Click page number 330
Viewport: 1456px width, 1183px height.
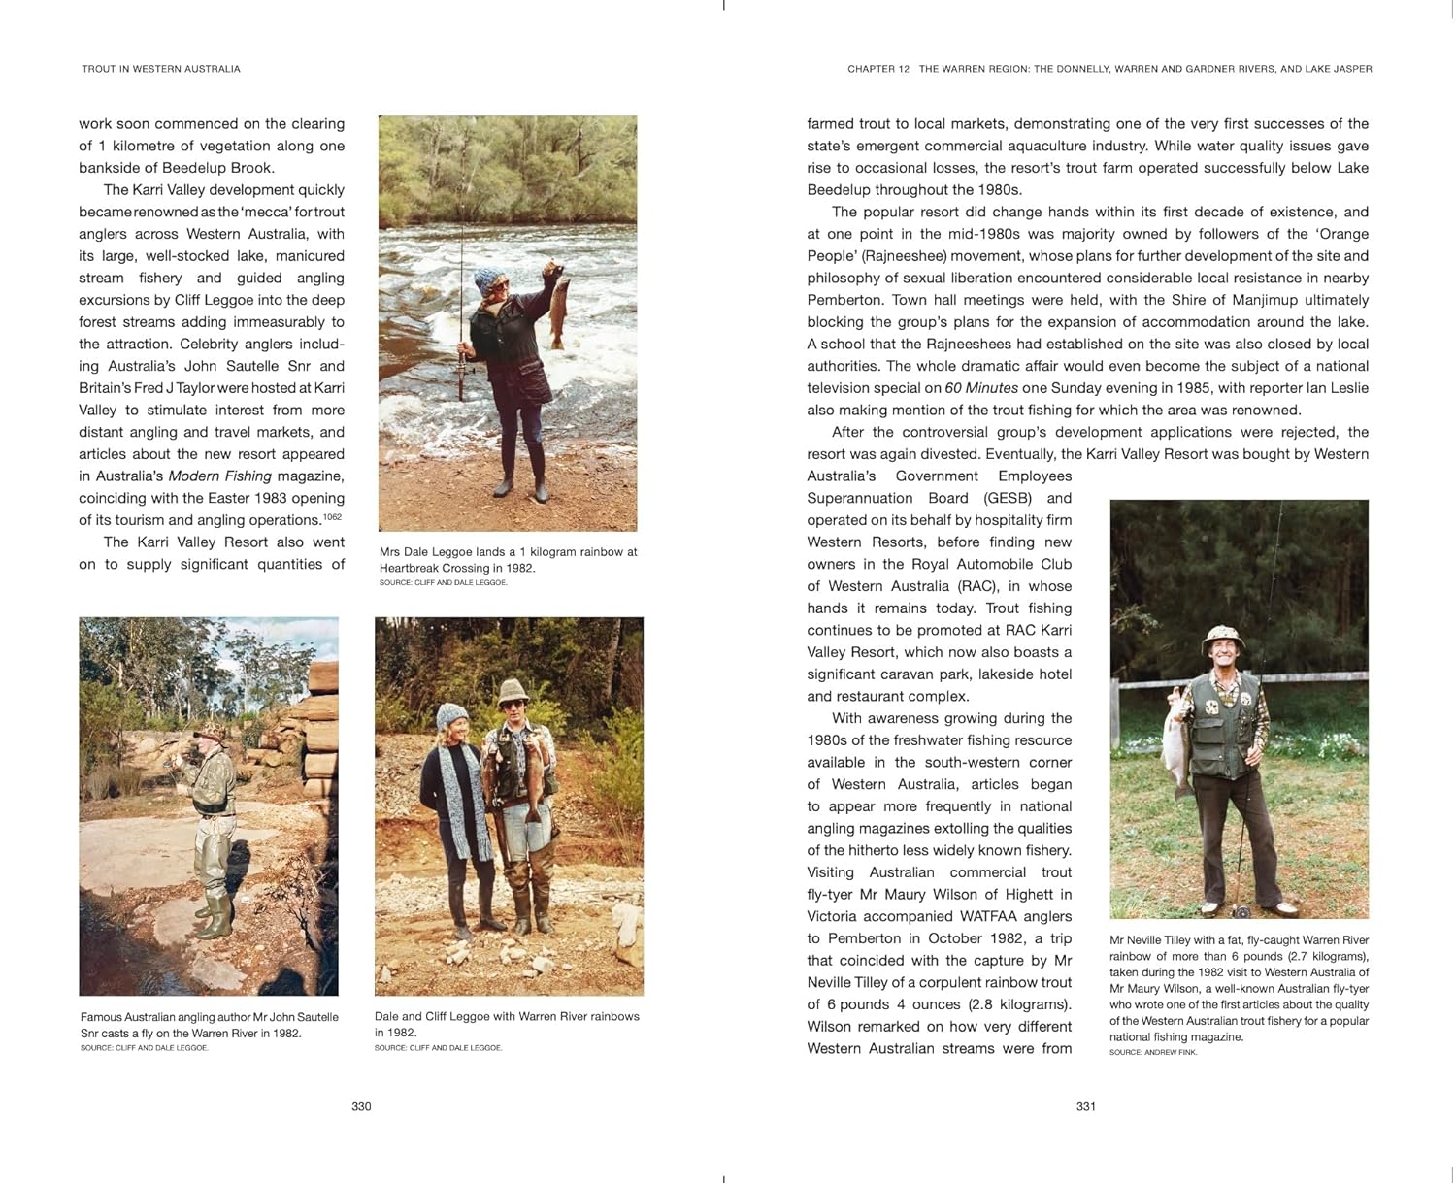361,1106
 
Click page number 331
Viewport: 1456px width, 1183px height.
1086,1106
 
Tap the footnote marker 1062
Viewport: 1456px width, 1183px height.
332,517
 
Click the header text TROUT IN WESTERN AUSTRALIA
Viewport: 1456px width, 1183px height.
161,69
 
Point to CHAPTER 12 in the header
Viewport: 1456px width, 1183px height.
878,69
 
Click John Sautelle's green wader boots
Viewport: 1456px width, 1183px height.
215,917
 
